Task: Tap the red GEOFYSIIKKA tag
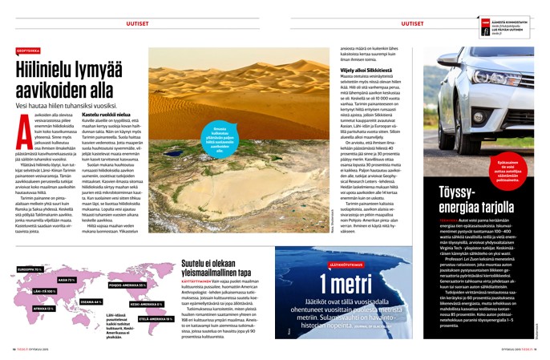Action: [x=28, y=50]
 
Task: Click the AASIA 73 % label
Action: [x=67, y=280]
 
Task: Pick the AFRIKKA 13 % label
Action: [x=43, y=308]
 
